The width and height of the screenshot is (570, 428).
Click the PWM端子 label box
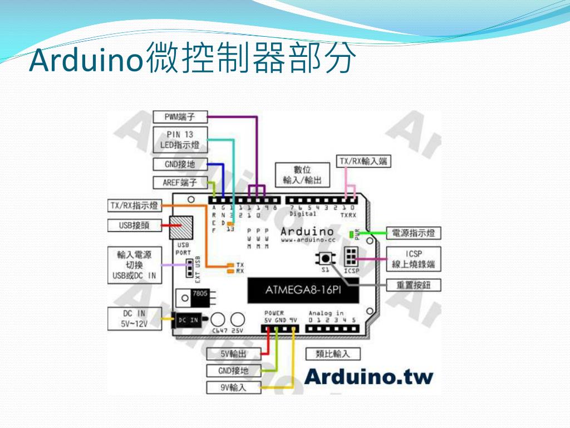[x=180, y=116]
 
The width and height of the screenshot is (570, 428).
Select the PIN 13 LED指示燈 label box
[x=180, y=140]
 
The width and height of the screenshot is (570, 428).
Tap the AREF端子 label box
[x=180, y=182]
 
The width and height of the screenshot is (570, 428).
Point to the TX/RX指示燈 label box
[x=134, y=206]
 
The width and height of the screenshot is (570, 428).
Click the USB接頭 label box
[x=134, y=226]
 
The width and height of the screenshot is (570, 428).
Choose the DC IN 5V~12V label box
[x=134, y=319]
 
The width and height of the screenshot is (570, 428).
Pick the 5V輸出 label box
[x=233, y=353]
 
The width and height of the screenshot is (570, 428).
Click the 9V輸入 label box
[x=233, y=387]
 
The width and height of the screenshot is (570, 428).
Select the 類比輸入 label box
[x=333, y=353]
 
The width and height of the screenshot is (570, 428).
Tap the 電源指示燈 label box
[x=414, y=232]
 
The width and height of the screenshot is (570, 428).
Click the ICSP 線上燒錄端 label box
[x=414, y=259]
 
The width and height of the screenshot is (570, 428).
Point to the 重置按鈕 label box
[x=414, y=285]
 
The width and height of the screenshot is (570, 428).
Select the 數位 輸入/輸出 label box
[x=302, y=175]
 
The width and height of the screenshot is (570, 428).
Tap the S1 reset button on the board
[x=325, y=259]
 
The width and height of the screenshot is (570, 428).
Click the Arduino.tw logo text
[x=368, y=377]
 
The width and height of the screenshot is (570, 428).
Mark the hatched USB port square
[x=183, y=227]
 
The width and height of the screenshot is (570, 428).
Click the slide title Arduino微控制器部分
[x=192, y=60]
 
